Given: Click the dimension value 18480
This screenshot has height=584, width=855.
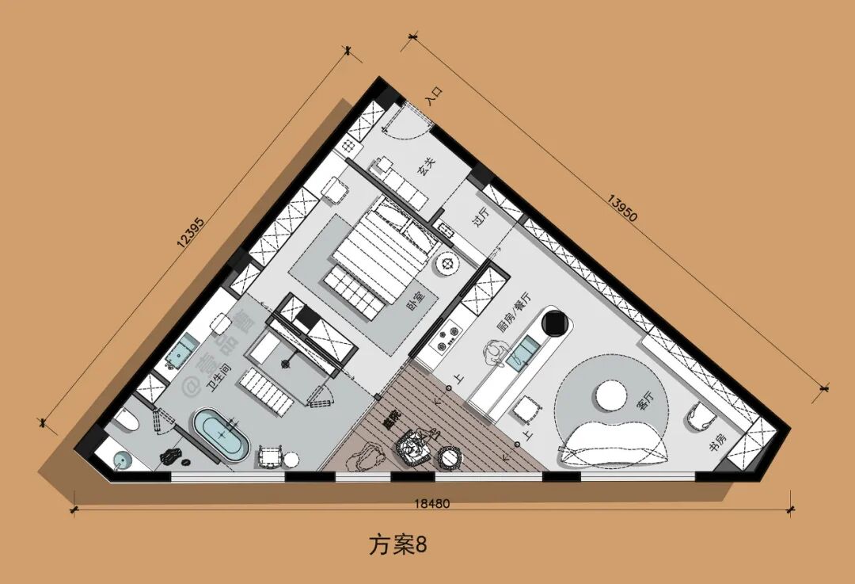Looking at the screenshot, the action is (x=431, y=503).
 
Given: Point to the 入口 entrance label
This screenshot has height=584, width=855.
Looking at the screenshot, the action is (x=433, y=97).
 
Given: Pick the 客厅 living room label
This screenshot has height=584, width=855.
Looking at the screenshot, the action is (x=645, y=400).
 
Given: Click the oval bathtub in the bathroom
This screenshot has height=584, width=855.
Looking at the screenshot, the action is (x=222, y=435).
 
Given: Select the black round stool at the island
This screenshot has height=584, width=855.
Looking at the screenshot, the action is (x=556, y=323).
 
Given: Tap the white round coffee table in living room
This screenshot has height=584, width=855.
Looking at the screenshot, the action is (x=610, y=394).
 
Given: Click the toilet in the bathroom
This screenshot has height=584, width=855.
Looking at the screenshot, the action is (x=125, y=422).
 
